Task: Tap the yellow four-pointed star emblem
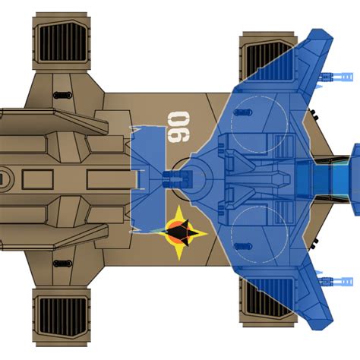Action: [180, 233]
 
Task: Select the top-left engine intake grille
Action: [62, 42]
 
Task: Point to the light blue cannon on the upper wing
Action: [336, 77]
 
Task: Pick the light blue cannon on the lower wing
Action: [336, 282]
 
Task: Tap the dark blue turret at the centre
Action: [177, 179]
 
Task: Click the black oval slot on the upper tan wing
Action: [62, 96]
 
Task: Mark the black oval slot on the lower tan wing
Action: [62, 264]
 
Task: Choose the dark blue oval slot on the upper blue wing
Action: [243, 112]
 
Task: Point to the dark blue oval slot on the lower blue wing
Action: [243, 246]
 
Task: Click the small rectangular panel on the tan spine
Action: [38, 179]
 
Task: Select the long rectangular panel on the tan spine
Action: [112, 179]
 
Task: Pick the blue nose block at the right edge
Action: [355, 179]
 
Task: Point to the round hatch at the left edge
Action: [5, 179]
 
